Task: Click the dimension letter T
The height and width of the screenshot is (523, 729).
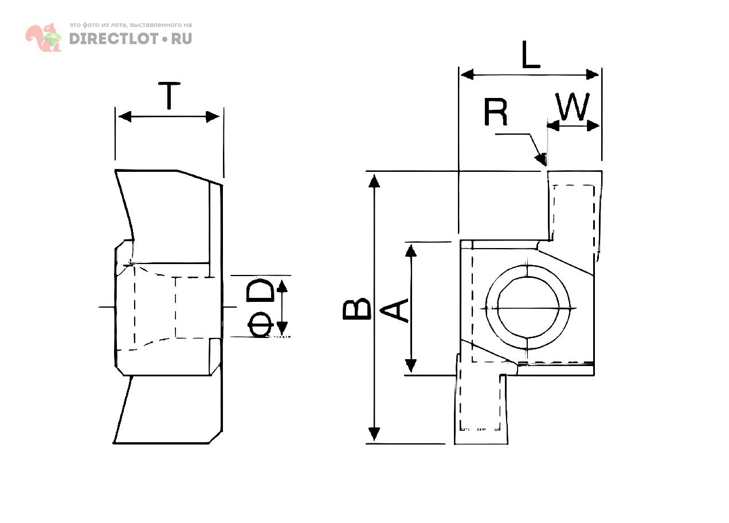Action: coord(169,96)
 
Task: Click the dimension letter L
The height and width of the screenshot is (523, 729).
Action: coord(531,54)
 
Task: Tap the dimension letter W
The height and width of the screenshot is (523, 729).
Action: coord(573,106)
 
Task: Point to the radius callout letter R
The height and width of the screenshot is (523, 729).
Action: coord(495,112)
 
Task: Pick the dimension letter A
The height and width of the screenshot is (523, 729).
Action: coord(394,311)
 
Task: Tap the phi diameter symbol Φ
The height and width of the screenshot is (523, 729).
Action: coord(260,325)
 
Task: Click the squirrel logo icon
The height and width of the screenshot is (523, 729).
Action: coord(44,37)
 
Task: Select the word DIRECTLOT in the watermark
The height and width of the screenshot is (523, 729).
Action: coord(114,39)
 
